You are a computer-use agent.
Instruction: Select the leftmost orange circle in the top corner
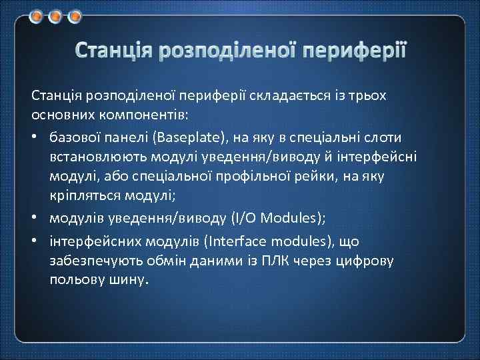38,16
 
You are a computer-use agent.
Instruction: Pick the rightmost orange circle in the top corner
75,16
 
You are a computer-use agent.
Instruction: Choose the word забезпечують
89,261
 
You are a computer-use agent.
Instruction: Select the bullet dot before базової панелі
35,137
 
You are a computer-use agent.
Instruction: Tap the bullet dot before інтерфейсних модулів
35,241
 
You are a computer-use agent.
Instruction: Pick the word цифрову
366,261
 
